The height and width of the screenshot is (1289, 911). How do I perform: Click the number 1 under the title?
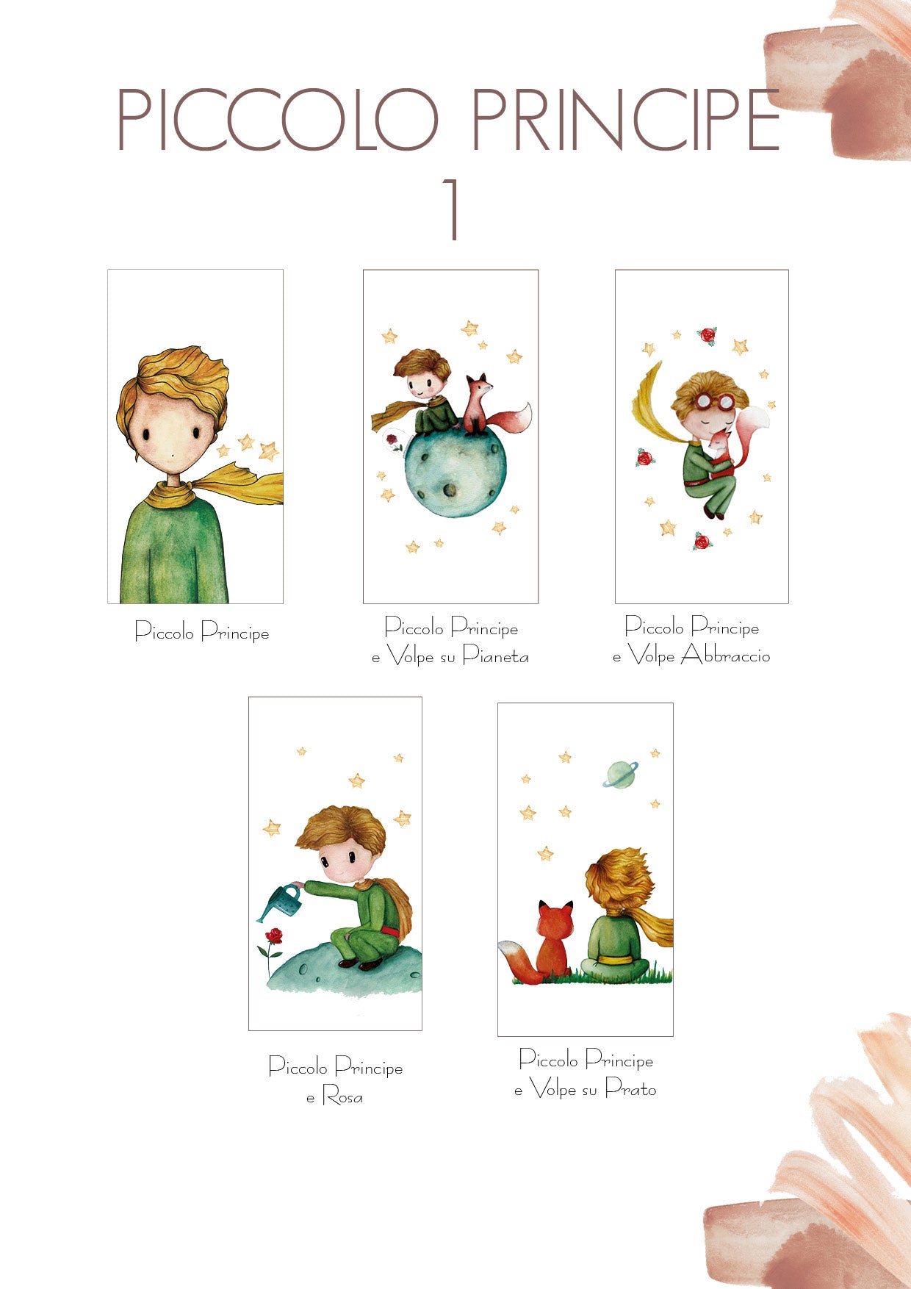[453, 209]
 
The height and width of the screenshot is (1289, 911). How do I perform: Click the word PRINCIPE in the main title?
[624, 121]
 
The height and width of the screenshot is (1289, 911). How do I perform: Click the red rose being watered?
[274, 936]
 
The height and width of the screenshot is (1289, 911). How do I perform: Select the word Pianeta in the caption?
[496, 656]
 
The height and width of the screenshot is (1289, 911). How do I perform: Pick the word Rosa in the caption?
[342, 1096]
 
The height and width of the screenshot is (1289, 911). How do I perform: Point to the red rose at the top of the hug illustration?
[707, 335]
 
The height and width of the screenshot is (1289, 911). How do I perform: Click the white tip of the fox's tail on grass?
[507, 948]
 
